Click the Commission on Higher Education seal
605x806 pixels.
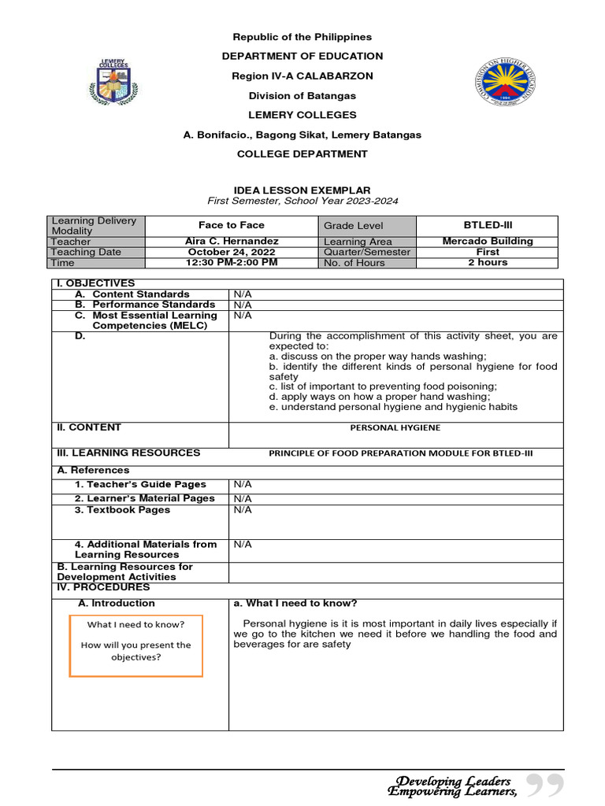click(x=496, y=84)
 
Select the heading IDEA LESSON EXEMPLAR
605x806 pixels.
click(x=302, y=190)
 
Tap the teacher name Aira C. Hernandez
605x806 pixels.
click(x=231, y=241)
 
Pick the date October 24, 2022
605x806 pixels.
click(x=231, y=252)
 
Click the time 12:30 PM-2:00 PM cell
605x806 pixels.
click(x=231, y=262)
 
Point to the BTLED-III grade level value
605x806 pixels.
click(x=488, y=225)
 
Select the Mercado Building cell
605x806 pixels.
click(x=488, y=241)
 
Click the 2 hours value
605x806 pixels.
click(x=488, y=262)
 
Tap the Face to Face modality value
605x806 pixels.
click(x=231, y=225)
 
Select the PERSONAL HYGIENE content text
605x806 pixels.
click(x=395, y=427)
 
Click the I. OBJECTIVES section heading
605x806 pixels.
click(x=95, y=283)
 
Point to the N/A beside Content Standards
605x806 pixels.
click(x=243, y=294)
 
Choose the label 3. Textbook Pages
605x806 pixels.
click(x=122, y=510)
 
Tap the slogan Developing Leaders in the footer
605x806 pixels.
click(x=453, y=781)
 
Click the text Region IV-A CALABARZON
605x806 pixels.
click(x=302, y=76)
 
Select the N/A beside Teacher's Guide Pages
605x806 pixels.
click(x=243, y=485)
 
